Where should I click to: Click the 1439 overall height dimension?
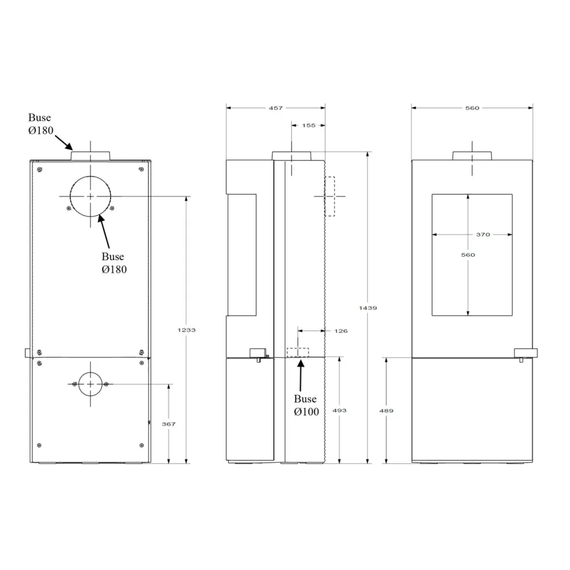click(368, 308)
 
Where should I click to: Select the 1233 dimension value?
click(186, 330)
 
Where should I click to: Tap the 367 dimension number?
click(169, 424)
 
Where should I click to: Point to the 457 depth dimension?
click(276, 108)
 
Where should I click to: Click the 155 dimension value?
click(308, 125)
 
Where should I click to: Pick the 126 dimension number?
click(341, 331)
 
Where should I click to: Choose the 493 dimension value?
click(340, 410)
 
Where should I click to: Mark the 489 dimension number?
click(386, 411)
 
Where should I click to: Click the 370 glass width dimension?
click(483, 234)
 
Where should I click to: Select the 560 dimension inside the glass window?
click(468, 255)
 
